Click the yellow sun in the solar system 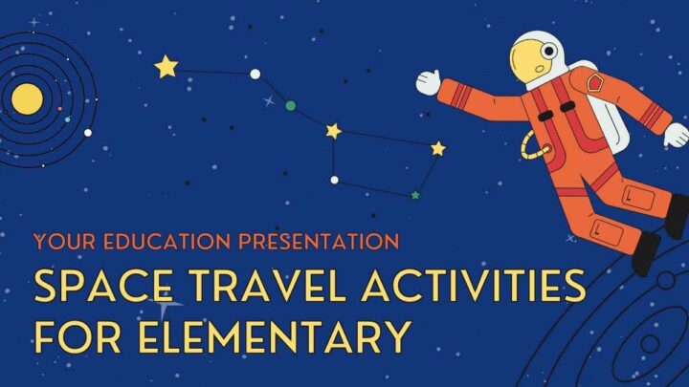[x=27, y=99]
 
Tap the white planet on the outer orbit [x=88, y=133]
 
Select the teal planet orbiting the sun [x=67, y=119]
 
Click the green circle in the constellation [x=291, y=105]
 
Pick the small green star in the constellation [x=415, y=195]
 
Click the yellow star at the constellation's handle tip [x=167, y=67]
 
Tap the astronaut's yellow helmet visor [x=528, y=62]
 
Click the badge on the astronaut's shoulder [x=595, y=82]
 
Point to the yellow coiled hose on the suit [x=534, y=146]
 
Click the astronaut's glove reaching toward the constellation [x=428, y=82]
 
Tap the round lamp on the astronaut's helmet [x=549, y=51]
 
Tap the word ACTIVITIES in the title [x=474, y=286]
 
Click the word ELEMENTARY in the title [x=274, y=336]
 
